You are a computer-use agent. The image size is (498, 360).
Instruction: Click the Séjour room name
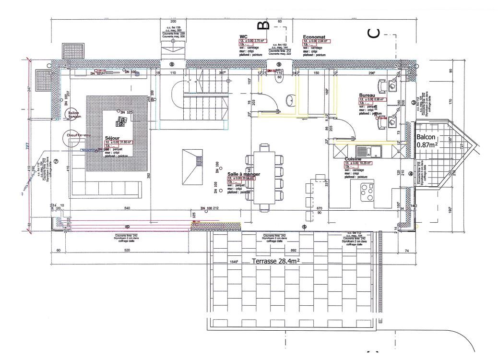click(111, 137)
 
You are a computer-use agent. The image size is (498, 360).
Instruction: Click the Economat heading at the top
click(315, 36)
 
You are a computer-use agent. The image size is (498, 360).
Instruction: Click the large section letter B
click(263, 24)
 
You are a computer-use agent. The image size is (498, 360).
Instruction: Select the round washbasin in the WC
click(290, 100)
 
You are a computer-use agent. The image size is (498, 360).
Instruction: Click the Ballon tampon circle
click(73, 115)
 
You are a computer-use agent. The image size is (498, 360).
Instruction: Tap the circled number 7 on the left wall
click(56, 162)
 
